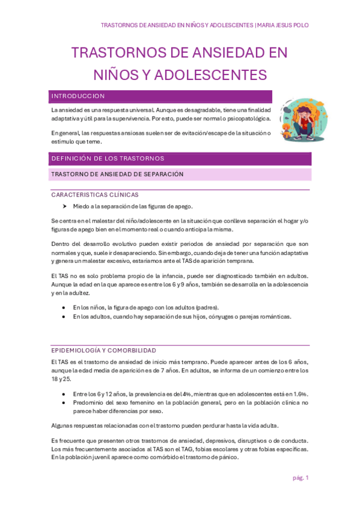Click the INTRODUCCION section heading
(78, 96)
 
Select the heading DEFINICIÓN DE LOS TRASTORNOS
(108, 159)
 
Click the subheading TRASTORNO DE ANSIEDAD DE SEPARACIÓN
(117, 174)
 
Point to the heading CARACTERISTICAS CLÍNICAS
(94, 195)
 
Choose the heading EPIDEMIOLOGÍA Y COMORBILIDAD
(103, 351)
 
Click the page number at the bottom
(301, 478)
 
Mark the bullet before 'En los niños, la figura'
(64, 307)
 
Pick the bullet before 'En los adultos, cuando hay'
(64, 316)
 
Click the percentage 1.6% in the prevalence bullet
(299, 394)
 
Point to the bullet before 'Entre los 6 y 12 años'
(64, 394)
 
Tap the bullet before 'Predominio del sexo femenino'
(64, 403)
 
